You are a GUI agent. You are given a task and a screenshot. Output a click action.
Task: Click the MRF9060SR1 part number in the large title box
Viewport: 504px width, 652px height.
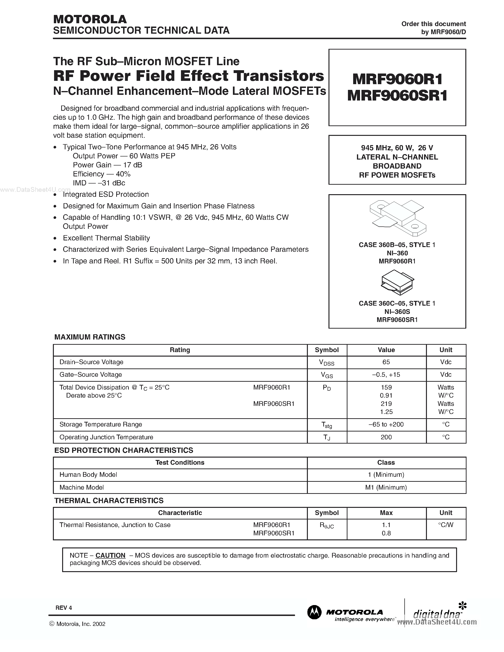point(397,96)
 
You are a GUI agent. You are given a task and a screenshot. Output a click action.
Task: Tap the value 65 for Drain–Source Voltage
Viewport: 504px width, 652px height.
point(386,362)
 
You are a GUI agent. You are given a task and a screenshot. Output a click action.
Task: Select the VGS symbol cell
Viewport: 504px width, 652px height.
point(327,375)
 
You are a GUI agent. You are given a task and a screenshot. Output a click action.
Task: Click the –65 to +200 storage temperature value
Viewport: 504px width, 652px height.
point(386,424)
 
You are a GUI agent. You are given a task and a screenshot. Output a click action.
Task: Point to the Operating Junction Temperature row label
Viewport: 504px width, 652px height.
point(106,437)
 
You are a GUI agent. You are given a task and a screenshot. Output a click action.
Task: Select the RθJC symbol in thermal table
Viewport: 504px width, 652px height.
point(327,525)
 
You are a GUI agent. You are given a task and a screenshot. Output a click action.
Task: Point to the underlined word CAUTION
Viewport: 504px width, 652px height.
point(110,555)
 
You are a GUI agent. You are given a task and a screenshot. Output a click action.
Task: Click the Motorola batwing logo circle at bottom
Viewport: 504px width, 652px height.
point(314,612)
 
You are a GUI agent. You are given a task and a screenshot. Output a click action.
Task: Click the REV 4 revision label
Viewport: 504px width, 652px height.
point(64,608)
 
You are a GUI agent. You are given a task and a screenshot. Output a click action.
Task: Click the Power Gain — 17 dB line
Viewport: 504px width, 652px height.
point(107,165)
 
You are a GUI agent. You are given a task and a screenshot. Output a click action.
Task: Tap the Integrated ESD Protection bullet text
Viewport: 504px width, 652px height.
point(106,194)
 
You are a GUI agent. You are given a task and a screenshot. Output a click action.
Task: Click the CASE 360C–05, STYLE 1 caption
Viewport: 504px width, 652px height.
point(397,303)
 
